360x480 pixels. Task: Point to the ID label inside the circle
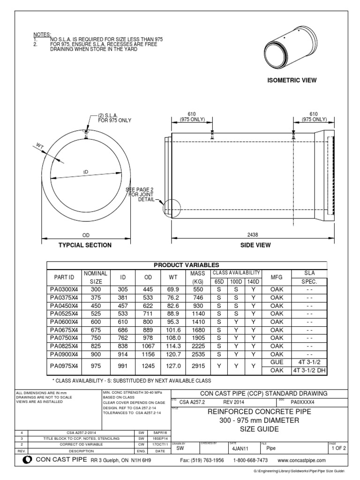pos(86,172)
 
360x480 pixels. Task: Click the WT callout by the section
pos(39,147)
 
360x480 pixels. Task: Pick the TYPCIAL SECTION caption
pos(85,245)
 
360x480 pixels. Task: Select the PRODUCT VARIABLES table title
pos(190,265)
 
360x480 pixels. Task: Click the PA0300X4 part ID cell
pos(65,290)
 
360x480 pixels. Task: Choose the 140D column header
pos(254,282)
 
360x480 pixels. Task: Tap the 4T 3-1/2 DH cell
pos(309,369)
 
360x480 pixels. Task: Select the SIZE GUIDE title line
pos(259,429)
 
